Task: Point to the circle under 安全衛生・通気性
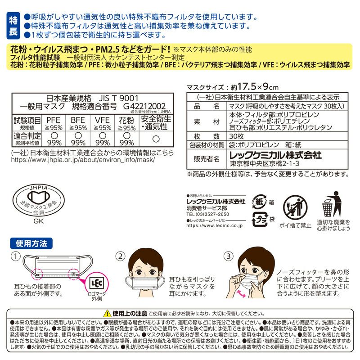pyautogui.click(x=155, y=139)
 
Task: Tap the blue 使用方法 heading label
pyautogui.click(x=31, y=244)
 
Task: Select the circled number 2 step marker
pyautogui.click(x=120, y=256)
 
